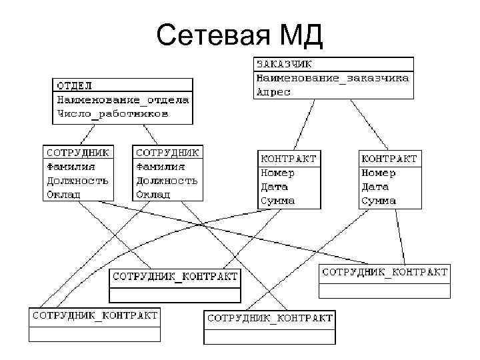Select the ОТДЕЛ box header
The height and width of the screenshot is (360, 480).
pyautogui.click(x=75, y=85)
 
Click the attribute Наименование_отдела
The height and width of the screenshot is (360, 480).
pyautogui.click(x=123, y=100)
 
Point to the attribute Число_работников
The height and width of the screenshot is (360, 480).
pyautogui.click(x=113, y=114)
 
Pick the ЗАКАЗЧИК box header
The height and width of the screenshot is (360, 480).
pyautogui.click(x=284, y=65)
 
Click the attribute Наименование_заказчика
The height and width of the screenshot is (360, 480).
pyautogui.click(x=333, y=79)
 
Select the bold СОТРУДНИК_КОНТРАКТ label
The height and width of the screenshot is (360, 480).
pyautogui.click(x=175, y=276)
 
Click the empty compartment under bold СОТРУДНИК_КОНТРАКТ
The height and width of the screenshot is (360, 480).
pyautogui.click(x=175, y=295)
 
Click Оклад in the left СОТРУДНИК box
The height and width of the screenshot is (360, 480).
pyautogui.click(x=63, y=195)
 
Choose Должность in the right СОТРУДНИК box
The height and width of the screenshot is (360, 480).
pyautogui.click(x=167, y=181)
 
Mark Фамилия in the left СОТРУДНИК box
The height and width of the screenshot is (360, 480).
pyautogui.click(x=71, y=167)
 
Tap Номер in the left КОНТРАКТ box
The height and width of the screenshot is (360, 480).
pyautogui.click(x=277, y=173)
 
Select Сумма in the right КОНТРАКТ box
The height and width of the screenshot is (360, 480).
pyautogui.click(x=379, y=201)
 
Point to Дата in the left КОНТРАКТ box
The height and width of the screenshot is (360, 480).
pyautogui.click(x=274, y=187)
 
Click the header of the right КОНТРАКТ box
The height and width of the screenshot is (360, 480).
pyautogui.click(x=389, y=159)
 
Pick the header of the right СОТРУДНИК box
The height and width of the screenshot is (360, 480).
pyautogui.click(x=167, y=152)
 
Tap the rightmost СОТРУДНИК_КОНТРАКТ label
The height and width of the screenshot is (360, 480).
pyautogui.click(x=385, y=272)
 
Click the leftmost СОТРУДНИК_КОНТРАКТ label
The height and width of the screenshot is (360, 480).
pyautogui.click(x=95, y=315)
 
